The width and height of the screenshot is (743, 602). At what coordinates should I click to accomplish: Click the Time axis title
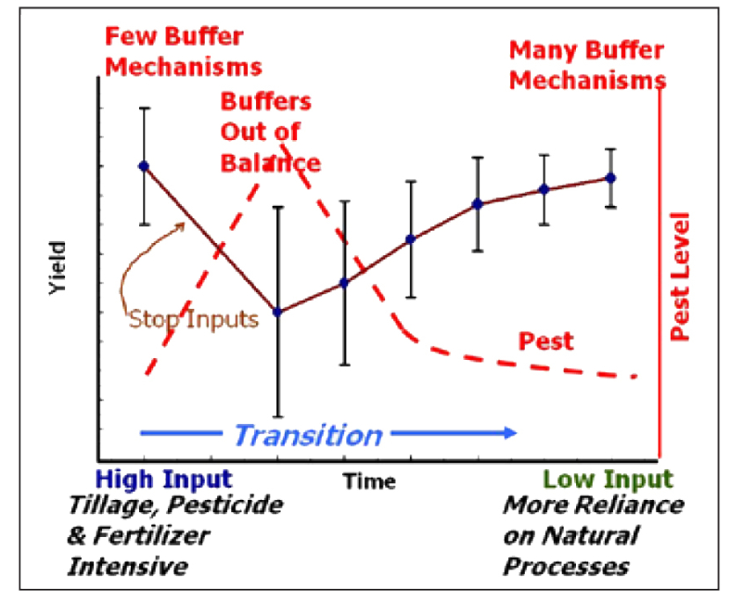[369, 481]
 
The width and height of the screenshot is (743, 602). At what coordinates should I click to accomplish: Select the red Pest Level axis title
[681, 275]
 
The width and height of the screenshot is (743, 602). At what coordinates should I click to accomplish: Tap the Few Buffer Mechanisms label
[183, 51]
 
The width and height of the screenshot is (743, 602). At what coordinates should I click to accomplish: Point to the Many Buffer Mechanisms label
[586, 64]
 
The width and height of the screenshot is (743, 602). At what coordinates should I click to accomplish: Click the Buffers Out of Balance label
[269, 131]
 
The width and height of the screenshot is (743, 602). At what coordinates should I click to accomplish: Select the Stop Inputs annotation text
[194, 318]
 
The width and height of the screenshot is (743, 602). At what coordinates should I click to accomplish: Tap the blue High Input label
[164, 480]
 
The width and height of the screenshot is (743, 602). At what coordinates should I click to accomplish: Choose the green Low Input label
[608, 480]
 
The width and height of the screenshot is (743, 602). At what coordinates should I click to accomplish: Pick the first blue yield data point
[143, 165]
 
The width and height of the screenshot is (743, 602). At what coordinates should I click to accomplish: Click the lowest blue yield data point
[278, 312]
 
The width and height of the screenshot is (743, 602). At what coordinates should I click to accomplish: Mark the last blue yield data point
[610, 178]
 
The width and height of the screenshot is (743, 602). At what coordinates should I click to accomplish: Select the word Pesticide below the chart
[226, 507]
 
